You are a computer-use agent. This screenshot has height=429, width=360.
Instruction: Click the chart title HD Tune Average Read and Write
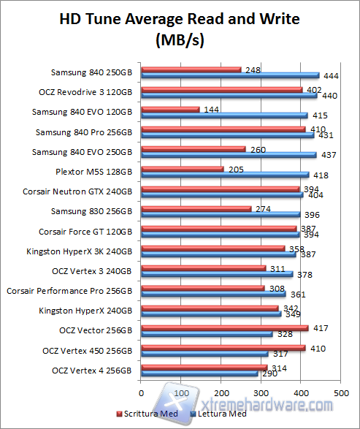[x=180, y=20]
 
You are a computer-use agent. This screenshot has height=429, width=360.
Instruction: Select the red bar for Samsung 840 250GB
[x=191, y=70]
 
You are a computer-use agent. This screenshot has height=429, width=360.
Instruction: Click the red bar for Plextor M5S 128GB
[x=182, y=170]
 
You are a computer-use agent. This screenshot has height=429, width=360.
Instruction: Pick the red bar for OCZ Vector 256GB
[x=224, y=328]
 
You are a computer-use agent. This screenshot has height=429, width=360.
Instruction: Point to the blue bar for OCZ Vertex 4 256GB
[x=199, y=373]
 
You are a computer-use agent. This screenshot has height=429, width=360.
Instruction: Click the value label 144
[x=212, y=110]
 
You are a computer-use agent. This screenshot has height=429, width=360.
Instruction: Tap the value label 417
[x=321, y=328]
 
